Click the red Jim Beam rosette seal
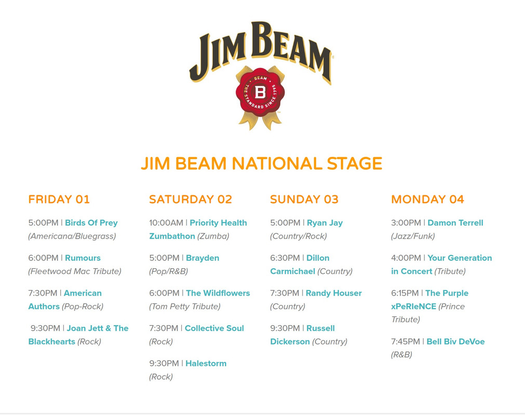(260, 92)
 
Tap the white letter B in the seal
(260, 92)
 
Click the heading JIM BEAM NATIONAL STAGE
(262, 163)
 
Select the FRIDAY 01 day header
(59, 199)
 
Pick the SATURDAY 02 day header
(191, 199)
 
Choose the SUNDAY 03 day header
(304, 199)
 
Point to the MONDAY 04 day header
(427, 199)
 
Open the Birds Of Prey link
(91, 223)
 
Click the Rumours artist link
(83, 258)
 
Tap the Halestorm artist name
(206, 363)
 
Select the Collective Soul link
(214, 328)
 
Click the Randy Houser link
(334, 293)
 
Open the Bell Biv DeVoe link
(456, 341)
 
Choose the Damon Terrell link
(455, 223)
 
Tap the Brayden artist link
(203, 258)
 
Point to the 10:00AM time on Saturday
(166, 223)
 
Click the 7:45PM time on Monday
(406, 341)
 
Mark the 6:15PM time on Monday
(405, 293)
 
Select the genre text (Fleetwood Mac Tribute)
(75, 271)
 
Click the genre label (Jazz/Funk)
(413, 236)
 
